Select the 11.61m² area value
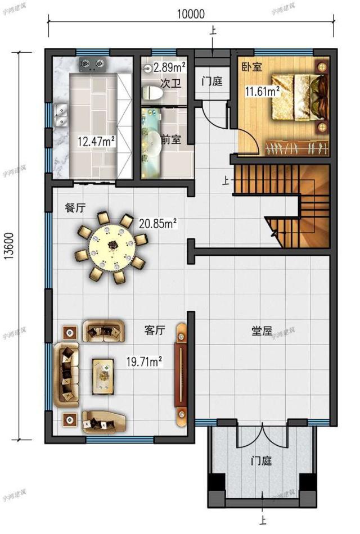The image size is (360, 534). [x=262, y=90]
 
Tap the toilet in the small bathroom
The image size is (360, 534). [x=152, y=93]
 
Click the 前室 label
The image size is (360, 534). [x=170, y=139]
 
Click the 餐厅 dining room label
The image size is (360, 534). [x=75, y=207]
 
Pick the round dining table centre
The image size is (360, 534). [x=112, y=246]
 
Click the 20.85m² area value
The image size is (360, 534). [x=159, y=224]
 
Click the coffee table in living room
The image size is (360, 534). [x=105, y=374]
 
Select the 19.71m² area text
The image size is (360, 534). [x=144, y=361]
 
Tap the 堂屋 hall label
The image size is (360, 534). [x=262, y=331]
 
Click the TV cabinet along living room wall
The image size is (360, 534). [x=182, y=374]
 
